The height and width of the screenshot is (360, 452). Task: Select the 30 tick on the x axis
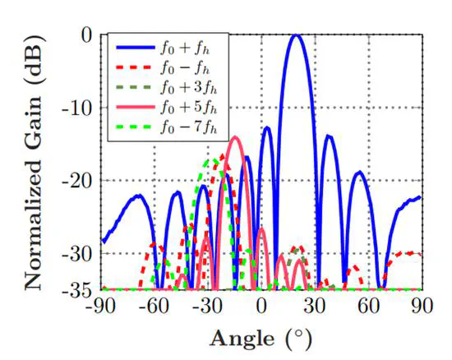pyautogui.click(x=315, y=307)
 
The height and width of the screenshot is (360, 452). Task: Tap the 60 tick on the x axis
pyautogui.click(x=368, y=307)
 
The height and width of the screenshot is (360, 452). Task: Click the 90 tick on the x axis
pyautogui.click(x=421, y=307)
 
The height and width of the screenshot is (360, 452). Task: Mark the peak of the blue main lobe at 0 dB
pyautogui.click(x=297, y=35)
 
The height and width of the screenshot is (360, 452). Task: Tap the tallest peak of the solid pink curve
pyautogui.click(x=236, y=137)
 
